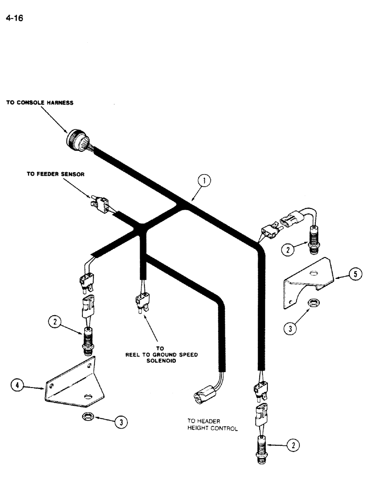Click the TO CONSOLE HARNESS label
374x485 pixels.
39,103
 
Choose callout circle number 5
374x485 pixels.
355,275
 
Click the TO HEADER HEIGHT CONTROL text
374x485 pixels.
212,425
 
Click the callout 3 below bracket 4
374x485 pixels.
122,422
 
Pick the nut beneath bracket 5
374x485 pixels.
314,305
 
